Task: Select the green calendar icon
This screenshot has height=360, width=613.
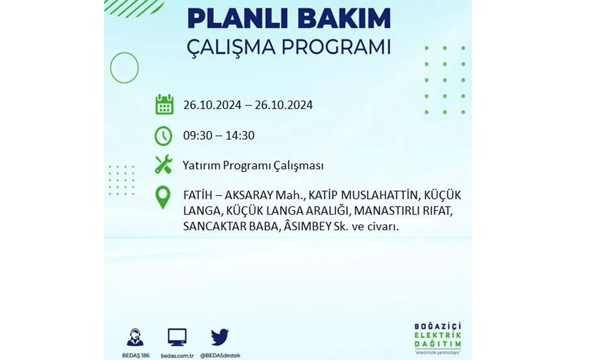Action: (x=164, y=104)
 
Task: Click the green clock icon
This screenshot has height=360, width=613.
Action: (x=163, y=136)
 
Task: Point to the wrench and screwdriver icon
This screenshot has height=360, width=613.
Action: (x=163, y=164)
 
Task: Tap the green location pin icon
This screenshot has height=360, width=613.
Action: (x=163, y=197)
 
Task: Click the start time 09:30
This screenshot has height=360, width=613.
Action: (x=197, y=135)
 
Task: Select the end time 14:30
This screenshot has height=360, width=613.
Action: (x=240, y=135)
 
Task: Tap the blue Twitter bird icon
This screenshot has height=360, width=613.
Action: (x=220, y=337)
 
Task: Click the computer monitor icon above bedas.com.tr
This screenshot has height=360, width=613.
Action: (x=177, y=337)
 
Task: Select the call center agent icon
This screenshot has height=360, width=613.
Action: (x=135, y=337)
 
